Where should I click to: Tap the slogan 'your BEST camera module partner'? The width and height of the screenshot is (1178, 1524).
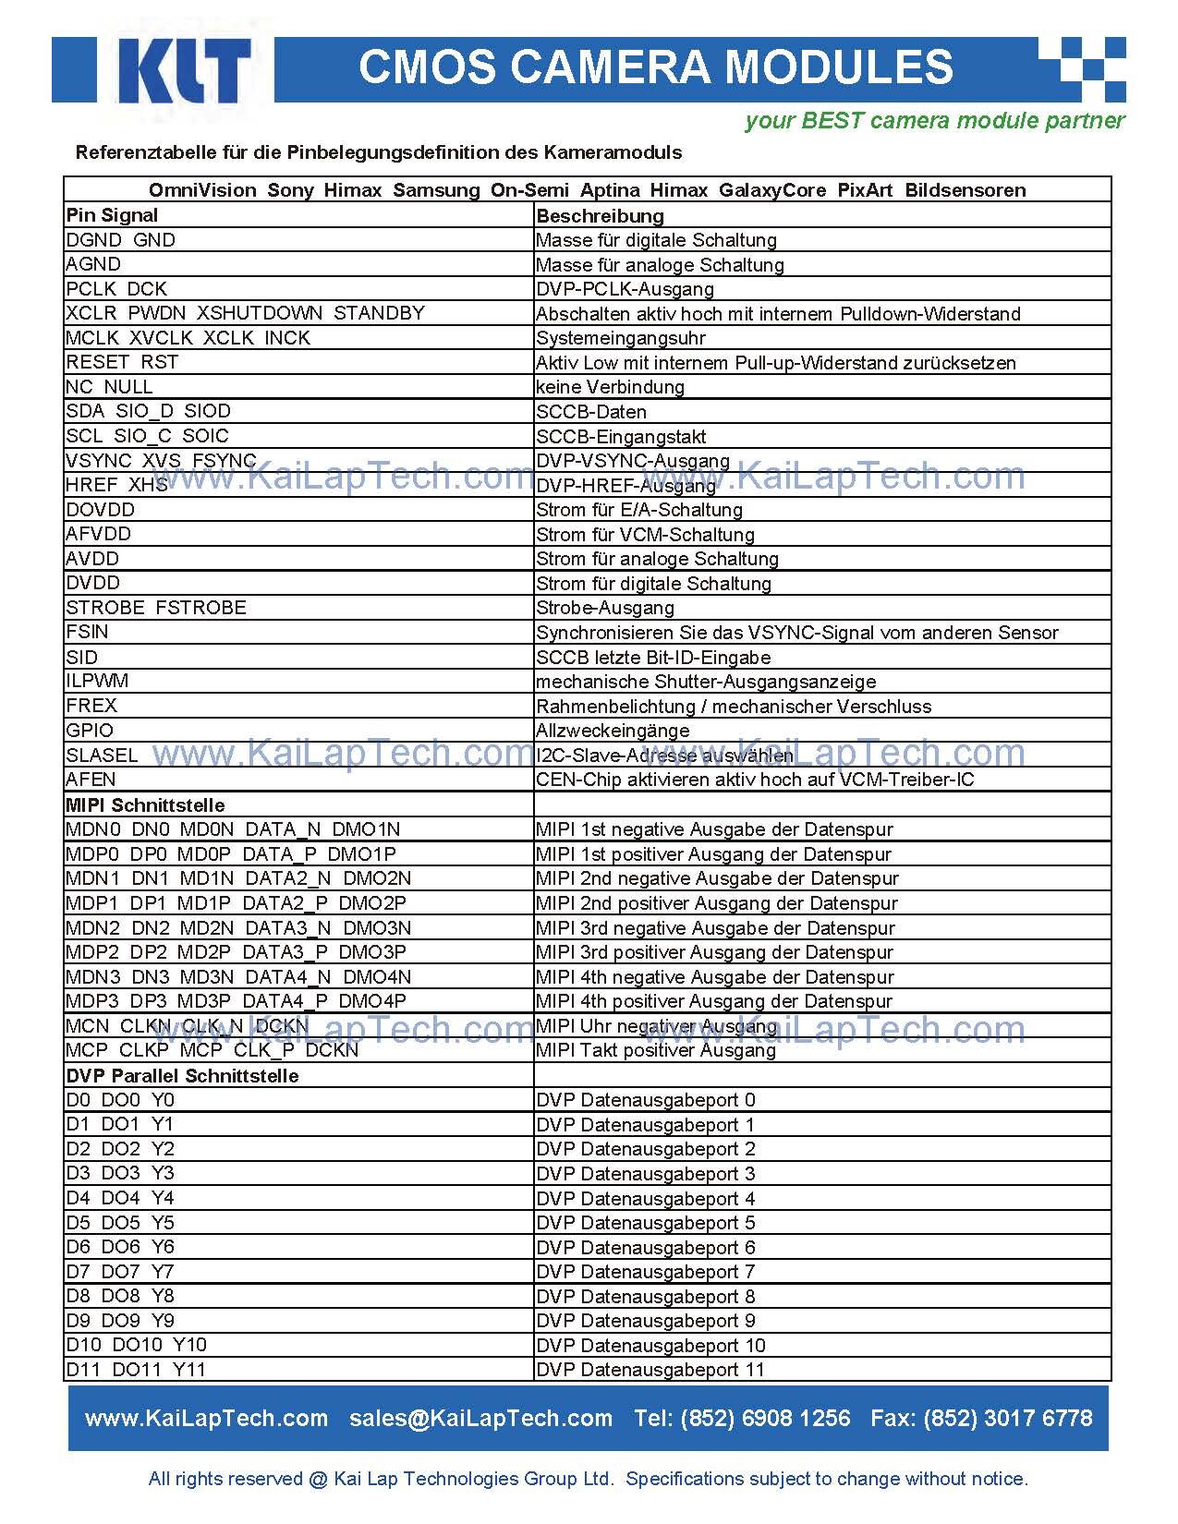point(934,120)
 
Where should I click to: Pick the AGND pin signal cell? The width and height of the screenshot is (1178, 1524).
point(93,264)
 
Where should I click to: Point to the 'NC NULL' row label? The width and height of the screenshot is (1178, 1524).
point(109,387)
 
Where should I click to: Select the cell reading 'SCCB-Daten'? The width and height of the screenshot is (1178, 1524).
point(591,412)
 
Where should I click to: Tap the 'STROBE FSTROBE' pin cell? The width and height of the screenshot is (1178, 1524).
point(156,608)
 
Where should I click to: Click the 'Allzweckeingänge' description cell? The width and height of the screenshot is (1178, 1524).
point(613,731)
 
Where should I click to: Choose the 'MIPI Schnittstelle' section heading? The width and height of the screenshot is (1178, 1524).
point(145,805)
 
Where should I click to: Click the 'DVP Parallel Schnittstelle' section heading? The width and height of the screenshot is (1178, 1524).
point(182,1076)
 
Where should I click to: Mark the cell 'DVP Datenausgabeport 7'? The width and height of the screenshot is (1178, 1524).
point(645,1272)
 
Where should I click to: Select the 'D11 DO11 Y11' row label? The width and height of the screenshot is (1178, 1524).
point(136,1370)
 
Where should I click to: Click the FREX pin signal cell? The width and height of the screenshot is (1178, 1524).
point(91,706)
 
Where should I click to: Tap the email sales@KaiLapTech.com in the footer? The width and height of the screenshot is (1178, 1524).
point(480,1418)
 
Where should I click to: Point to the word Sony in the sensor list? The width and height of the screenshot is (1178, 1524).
point(290,190)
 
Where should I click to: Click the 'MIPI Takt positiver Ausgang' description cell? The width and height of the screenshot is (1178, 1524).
point(656,1050)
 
